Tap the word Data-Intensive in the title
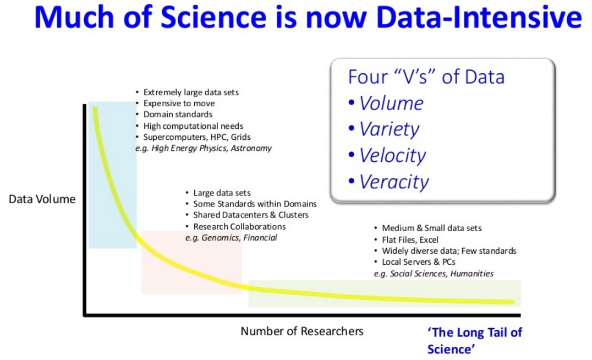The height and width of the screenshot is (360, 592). click(x=474, y=18)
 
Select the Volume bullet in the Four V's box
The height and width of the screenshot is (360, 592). click(x=391, y=103)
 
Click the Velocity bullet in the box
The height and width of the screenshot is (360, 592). click(x=392, y=156)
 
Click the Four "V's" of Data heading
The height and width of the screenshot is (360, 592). click(x=426, y=77)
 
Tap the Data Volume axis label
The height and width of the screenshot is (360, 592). click(x=42, y=199)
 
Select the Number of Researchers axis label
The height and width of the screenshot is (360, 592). click(x=302, y=331)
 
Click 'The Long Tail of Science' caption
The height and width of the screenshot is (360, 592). click(x=474, y=341)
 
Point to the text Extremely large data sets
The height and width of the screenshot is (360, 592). click(x=191, y=92)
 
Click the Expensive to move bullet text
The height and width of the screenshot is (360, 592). click(x=179, y=103)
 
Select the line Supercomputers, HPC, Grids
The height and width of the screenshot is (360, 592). click(x=196, y=137)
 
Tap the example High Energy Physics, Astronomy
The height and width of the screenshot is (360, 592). click(x=204, y=148)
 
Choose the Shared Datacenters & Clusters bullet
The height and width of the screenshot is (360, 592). click(x=250, y=215)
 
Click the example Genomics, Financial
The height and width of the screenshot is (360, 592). click(x=231, y=237)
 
